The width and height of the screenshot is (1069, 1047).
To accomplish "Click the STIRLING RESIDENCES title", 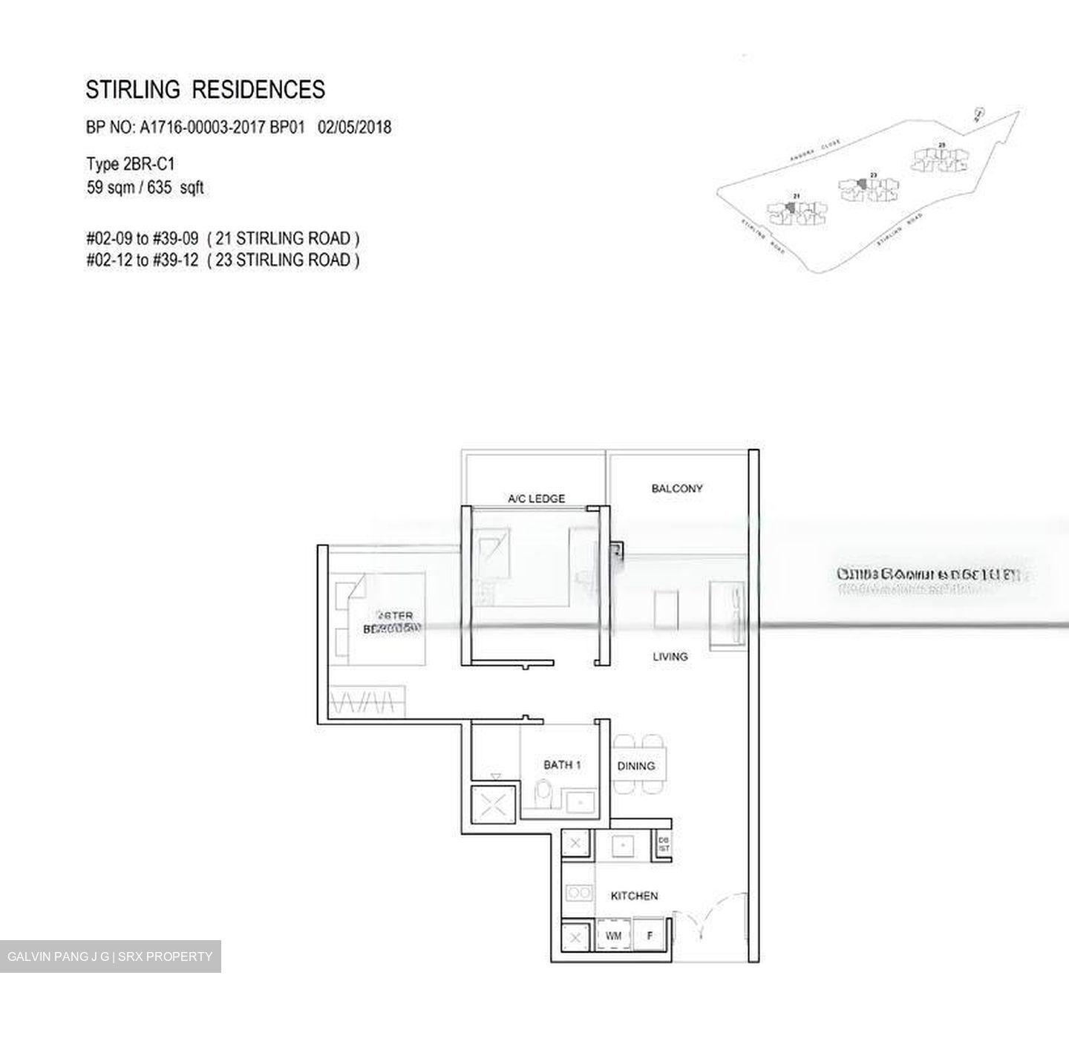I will (x=205, y=90).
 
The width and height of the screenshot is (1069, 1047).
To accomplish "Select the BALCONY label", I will (x=676, y=488).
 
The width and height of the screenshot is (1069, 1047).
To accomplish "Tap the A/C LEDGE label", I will (x=536, y=499).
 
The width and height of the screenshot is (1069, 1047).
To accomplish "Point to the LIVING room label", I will (x=670, y=656).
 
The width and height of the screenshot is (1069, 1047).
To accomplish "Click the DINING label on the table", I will (x=636, y=766).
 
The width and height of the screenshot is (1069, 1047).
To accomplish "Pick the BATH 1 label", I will (x=562, y=764).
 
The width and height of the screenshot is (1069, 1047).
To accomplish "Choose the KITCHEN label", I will (x=634, y=896).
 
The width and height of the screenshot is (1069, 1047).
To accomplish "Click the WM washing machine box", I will (x=614, y=936).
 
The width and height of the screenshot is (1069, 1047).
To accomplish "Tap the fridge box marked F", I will (x=650, y=936).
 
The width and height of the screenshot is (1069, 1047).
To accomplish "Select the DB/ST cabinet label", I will (x=664, y=844).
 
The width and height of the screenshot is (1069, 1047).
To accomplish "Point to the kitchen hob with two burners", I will (x=578, y=892).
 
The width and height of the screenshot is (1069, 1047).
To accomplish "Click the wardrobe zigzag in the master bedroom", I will (x=369, y=700).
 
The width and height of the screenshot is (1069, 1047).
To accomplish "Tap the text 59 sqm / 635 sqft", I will (x=145, y=188).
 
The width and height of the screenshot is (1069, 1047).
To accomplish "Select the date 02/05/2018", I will (x=354, y=128).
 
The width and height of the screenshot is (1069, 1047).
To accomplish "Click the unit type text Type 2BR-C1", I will (x=130, y=164).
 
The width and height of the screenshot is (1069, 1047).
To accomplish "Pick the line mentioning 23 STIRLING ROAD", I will (x=223, y=260).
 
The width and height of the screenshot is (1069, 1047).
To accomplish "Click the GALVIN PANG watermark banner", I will (x=110, y=956).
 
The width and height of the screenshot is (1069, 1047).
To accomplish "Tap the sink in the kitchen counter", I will (x=622, y=844).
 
